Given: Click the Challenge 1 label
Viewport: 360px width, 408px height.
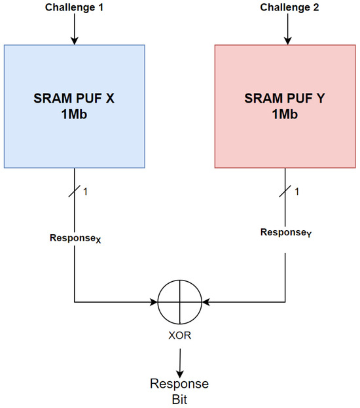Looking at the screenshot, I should coord(74,7).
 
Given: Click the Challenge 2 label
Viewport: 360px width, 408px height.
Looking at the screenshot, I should coord(285,7).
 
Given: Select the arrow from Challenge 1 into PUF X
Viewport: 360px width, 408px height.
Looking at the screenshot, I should coord(74,29).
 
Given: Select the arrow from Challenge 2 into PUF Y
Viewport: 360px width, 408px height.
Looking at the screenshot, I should coord(285,29).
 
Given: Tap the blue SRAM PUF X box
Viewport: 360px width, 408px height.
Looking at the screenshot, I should coord(74,131).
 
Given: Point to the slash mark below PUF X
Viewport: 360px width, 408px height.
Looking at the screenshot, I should coord(74,191).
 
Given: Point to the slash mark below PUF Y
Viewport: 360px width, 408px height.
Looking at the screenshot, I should coord(285,191).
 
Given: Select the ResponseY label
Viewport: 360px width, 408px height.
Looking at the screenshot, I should coord(285,233).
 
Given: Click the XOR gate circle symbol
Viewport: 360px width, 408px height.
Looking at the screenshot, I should coord(179,302).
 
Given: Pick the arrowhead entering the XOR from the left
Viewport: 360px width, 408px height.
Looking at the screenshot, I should coord(153,302).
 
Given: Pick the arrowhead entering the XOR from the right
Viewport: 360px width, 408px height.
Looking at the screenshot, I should coord(206,302).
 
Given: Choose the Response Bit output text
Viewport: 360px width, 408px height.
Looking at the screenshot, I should coord(179,390).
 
